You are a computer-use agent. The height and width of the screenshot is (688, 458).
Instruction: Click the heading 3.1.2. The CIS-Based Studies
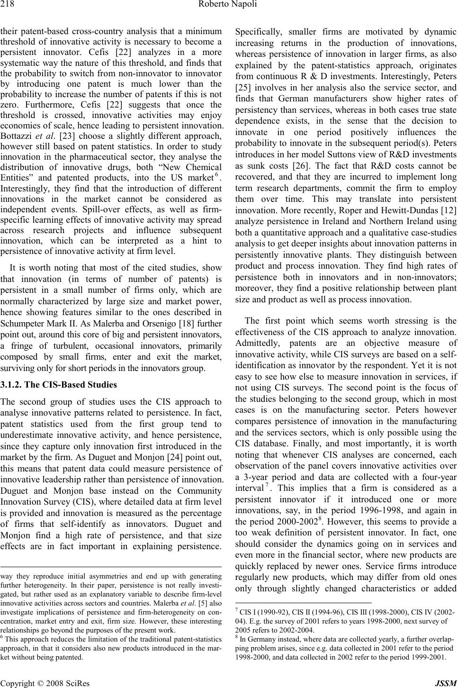pyautogui.click(x=59, y=384)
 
